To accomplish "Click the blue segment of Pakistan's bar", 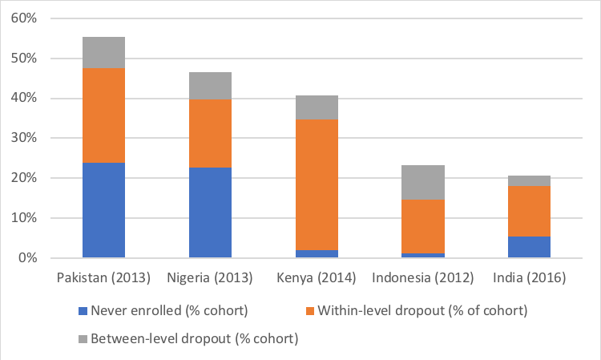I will [103, 210].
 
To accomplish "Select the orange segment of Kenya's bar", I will [317, 184].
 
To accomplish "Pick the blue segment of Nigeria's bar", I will [210, 212].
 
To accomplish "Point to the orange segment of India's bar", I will [530, 211].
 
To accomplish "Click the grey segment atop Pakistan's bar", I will [103, 53].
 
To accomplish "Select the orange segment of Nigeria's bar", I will [210, 133].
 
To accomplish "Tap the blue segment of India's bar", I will [530, 247].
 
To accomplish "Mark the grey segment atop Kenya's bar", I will [317, 107].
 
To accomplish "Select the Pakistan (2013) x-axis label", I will [103, 278].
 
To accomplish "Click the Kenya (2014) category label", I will [317, 278].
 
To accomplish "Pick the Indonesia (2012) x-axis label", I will [423, 278].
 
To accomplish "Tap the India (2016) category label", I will [530, 278].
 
